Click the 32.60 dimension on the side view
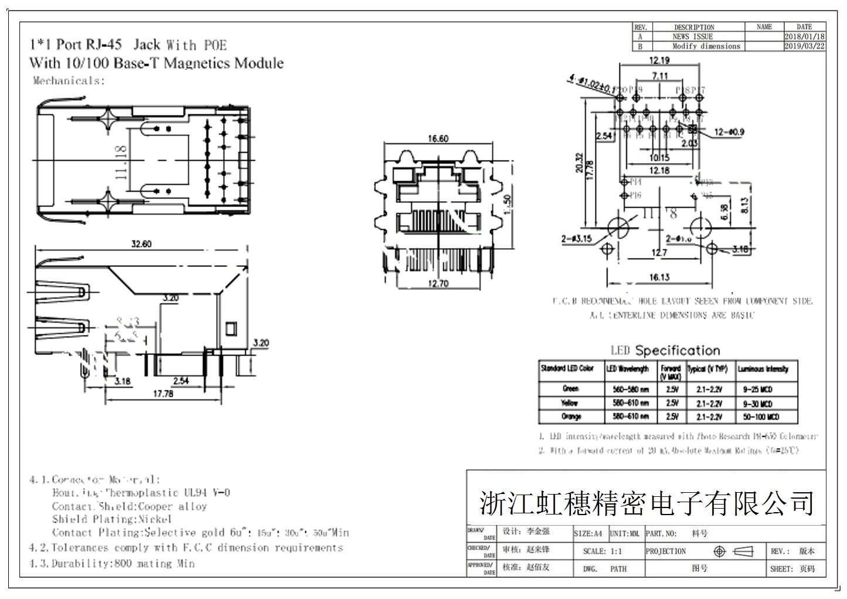point(139,243)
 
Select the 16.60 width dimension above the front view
point(438,138)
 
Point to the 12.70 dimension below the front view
point(438,284)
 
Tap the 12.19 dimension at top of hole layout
point(659,60)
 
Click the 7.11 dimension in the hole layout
point(659,76)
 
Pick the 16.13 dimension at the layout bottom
point(659,277)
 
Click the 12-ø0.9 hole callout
point(729,132)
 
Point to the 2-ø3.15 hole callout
point(576,239)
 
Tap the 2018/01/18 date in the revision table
point(804,36)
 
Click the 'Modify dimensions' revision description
point(706,46)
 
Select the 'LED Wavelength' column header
point(627,369)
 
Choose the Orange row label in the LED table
point(571,417)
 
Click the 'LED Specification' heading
point(665,351)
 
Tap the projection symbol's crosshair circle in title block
point(720,551)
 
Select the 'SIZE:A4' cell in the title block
point(588,534)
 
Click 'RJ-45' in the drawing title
point(104,45)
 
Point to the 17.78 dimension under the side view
point(163,394)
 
